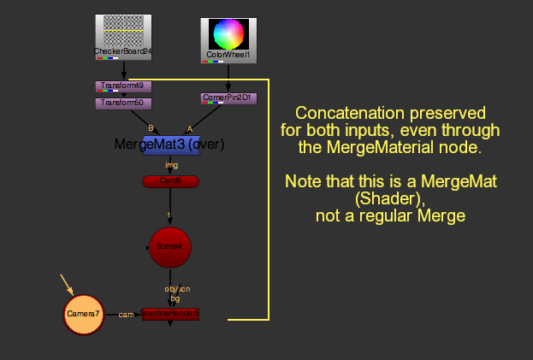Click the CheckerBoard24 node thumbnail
pyautogui.click(x=123, y=32)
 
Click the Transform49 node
pyautogui.click(x=123, y=86)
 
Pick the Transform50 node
pyautogui.click(x=123, y=103)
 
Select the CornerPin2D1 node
pyautogui.click(x=228, y=98)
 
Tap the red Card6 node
pyautogui.click(x=170, y=181)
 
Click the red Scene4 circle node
pyautogui.click(x=170, y=247)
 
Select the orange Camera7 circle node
pyautogui.click(x=84, y=315)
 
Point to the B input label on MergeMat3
pyautogui.click(x=151, y=128)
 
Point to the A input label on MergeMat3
pyautogui.click(x=189, y=128)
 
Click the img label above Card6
pyautogui.click(x=171, y=165)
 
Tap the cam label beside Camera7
pyautogui.click(x=125, y=316)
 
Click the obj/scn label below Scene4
pyautogui.click(x=177, y=288)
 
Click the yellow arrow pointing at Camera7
pyautogui.click(x=70, y=286)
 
